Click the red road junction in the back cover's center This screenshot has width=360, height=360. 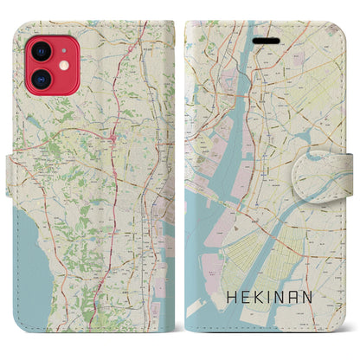point(113,136)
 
